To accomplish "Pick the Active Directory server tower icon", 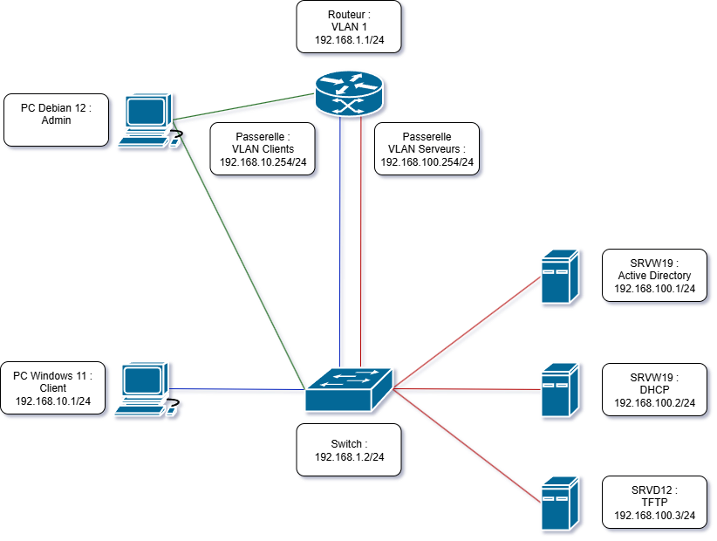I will coord(558,277).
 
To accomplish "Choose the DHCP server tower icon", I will coord(558,389).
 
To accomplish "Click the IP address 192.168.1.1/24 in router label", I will coord(349,40).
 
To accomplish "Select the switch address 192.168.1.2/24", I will coord(349,457).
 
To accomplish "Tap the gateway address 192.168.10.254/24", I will coord(263,162).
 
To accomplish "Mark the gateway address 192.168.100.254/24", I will coord(427,162).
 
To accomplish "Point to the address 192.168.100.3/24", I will coord(654,516).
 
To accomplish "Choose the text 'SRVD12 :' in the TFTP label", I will coord(654,490).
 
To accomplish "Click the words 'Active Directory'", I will coord(654,276).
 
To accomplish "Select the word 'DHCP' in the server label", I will coord(654,389).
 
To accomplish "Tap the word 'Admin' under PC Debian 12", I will coord(56,120).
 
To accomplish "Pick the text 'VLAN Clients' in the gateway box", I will coord(263,149).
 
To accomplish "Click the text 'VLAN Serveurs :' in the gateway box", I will coord(427,149).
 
